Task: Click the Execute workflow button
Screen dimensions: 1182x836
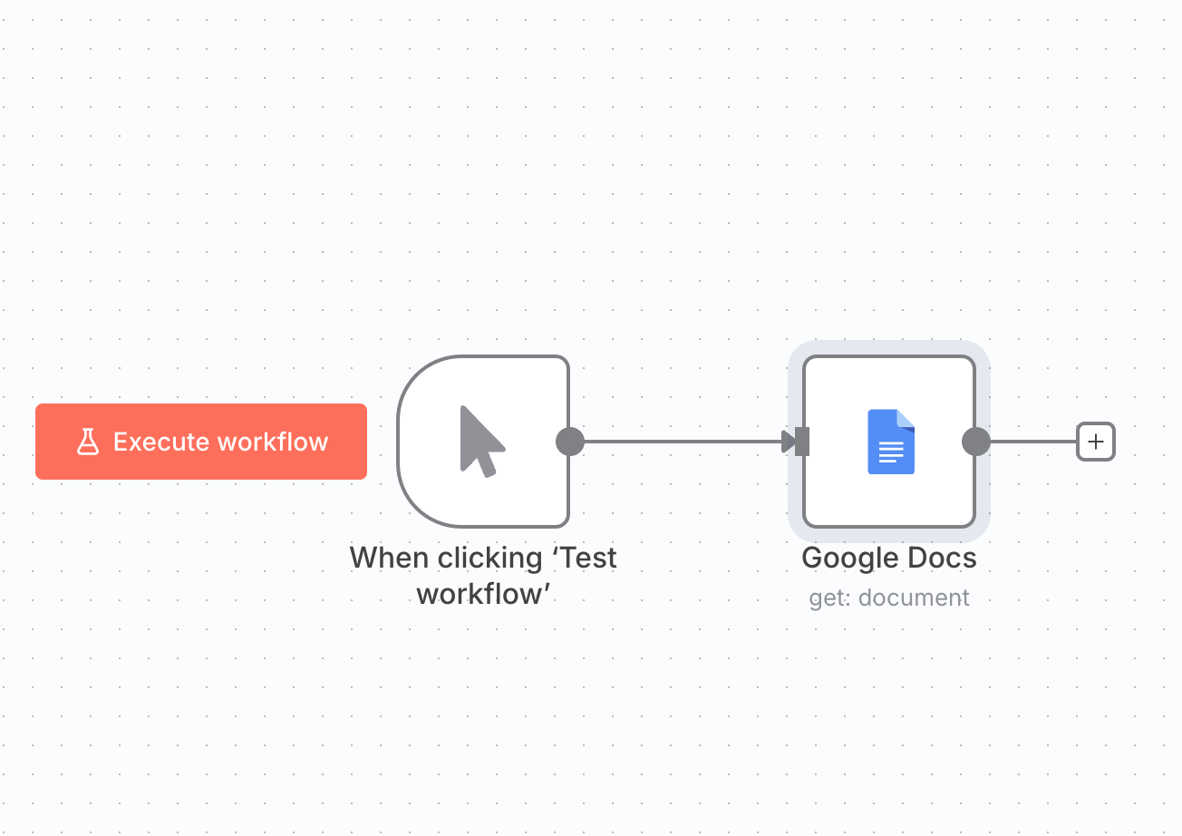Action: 201,442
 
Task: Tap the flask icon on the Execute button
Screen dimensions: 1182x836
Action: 87,442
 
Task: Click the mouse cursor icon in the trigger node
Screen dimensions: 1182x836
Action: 481,441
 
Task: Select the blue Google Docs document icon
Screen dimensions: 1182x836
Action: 890,442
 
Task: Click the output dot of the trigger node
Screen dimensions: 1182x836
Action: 569,442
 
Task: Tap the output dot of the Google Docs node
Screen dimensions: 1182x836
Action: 975,442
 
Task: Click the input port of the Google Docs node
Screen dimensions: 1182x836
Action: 802,442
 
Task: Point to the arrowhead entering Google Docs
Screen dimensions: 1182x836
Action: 788,442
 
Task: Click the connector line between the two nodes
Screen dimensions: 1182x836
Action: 680,442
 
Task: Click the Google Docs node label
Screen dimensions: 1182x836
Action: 889,558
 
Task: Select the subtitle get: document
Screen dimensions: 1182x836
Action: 889,598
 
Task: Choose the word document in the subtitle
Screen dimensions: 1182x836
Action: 914,598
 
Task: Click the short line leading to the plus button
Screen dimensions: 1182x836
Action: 1033,442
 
